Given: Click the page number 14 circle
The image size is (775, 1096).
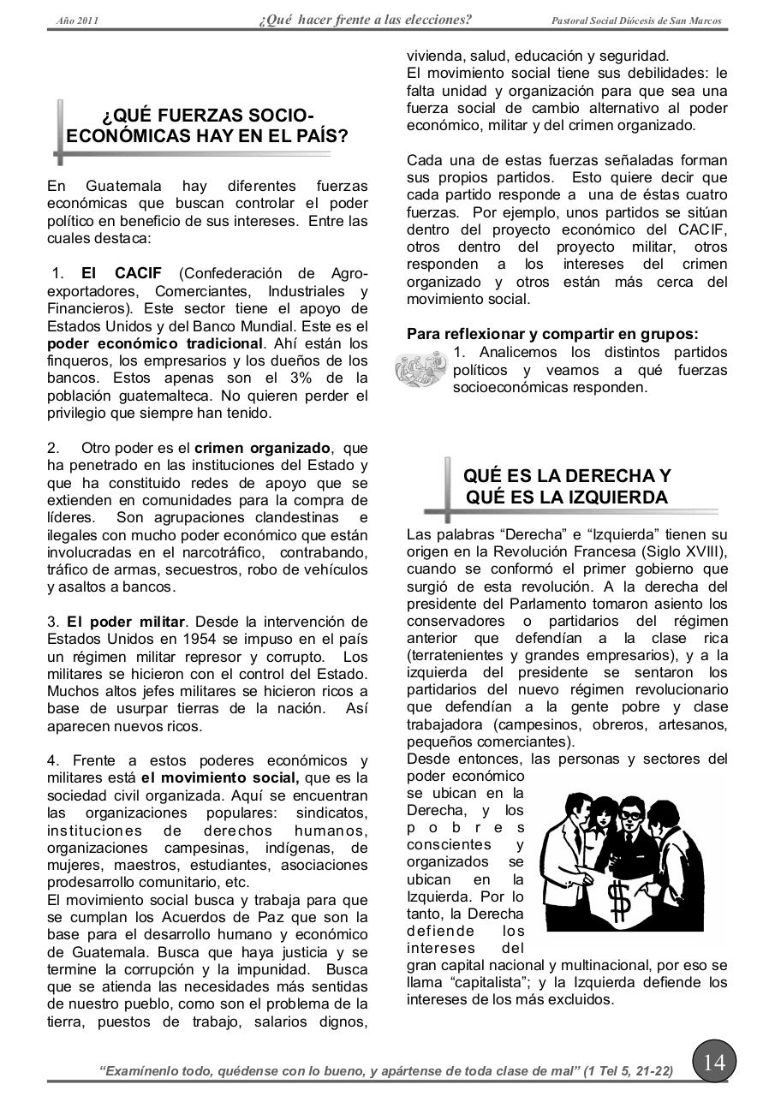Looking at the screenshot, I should (713, 1063).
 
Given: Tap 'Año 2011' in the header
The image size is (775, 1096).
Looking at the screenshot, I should (77, 21).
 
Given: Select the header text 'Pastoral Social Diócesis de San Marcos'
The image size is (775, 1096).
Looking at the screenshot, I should (636, 21).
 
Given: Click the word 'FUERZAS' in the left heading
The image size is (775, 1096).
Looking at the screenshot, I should (206, 116).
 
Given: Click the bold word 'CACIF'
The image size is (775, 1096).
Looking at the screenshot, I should (138, 273).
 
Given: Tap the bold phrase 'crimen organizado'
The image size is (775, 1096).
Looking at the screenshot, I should (262, 448).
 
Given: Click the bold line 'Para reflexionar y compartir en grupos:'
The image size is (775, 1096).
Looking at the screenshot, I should (552, 334).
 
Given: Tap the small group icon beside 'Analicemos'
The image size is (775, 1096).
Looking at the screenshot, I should (421, 369).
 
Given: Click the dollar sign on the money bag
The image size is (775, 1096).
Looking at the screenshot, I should (618, 899).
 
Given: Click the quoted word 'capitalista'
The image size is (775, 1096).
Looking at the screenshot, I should (485, 982).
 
